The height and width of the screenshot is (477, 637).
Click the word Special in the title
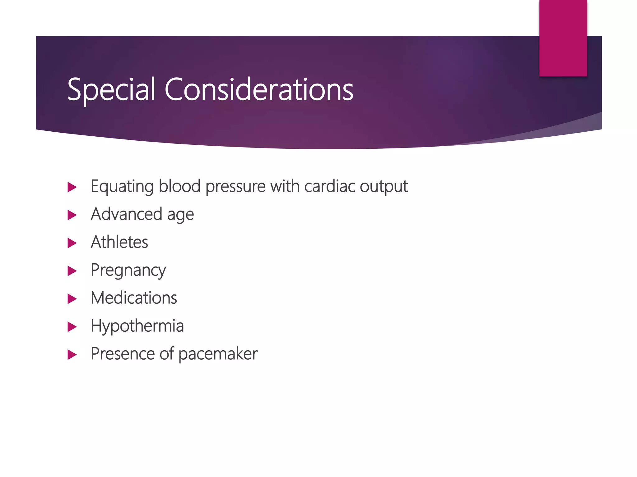click(111, 90)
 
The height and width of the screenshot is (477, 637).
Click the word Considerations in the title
click(259, 90)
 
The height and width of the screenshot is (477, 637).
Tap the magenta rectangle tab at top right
click(563, 38)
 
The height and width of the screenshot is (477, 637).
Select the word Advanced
click(126, 214)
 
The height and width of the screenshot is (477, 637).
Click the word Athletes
click(119, 242)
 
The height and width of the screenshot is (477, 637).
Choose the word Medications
click(134, 298)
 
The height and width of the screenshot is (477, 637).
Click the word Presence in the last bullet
click(123, 354)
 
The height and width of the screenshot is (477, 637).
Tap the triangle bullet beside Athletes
click(72, 243)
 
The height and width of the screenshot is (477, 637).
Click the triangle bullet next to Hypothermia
click(72, 327)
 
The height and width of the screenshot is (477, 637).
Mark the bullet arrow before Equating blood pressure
click(72, 187)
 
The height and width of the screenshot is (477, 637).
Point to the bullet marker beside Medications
click(72, 299)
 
